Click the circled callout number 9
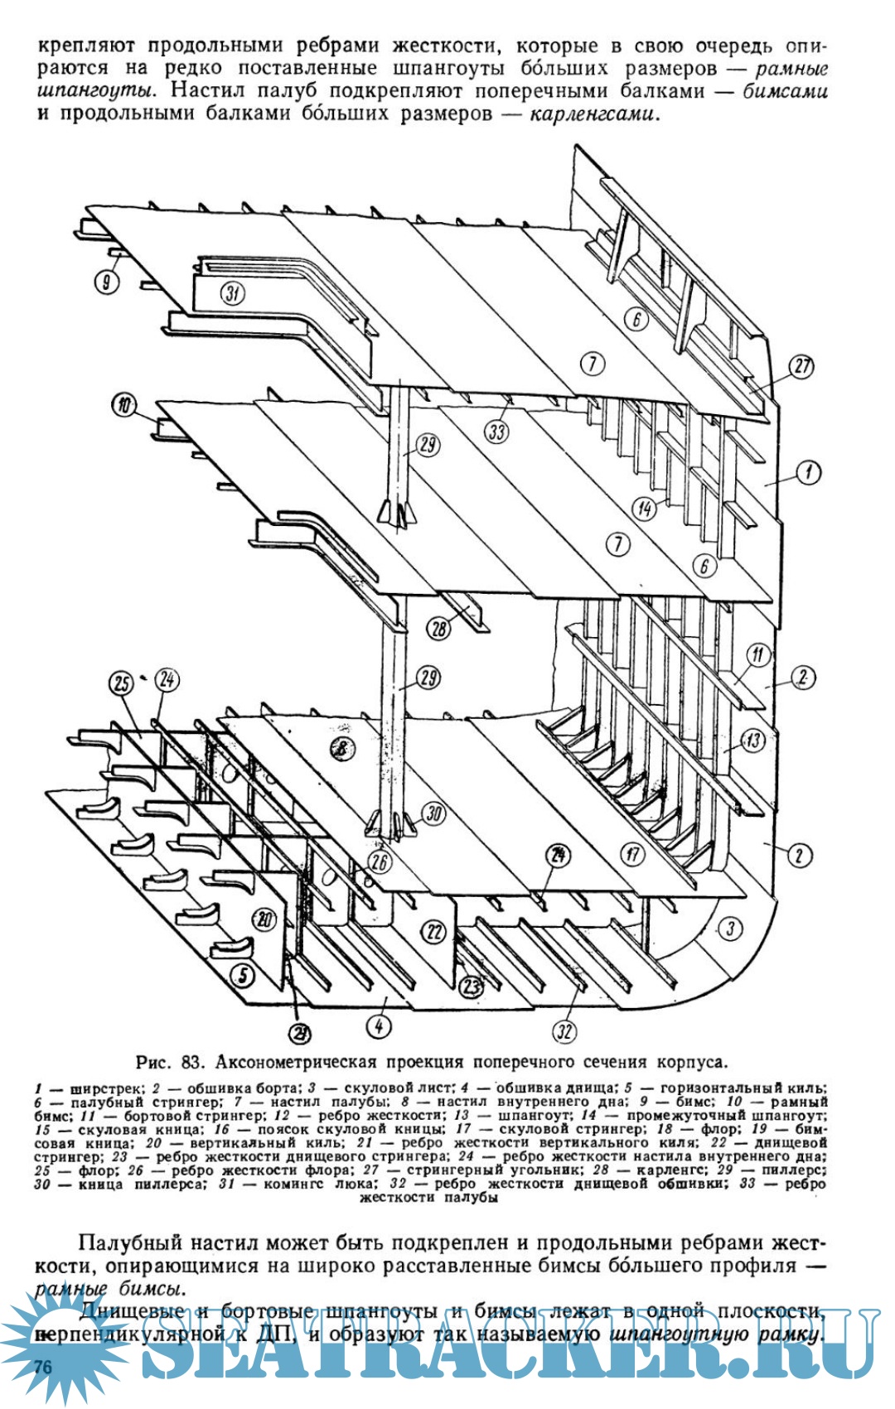click(106, 282)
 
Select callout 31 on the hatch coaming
click(234, 292)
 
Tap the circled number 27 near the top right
click(801, 366)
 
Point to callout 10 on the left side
click(124, 406)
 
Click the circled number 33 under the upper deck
click(497, 432)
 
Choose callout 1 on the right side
click(809, 473)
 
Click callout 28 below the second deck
click(439, 629)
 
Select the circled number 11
click(758, 655)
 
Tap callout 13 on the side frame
click(752, 740)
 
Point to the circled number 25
click(123, 683)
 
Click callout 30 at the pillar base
click(434, 813)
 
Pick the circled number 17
click(633, 854)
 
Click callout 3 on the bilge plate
click(730, 928)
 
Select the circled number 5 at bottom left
click(242, 976)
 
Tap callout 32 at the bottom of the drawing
click(564, 1030)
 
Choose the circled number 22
click(434, 931)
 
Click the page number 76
click(43, 1366)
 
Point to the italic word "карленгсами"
click(593, 113)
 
